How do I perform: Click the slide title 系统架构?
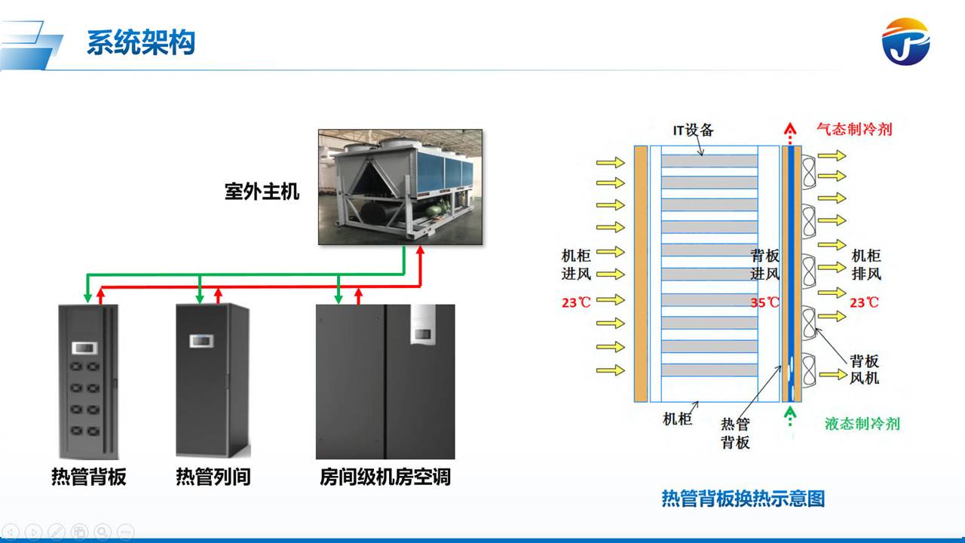coord(141,43)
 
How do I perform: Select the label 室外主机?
coord(262,192)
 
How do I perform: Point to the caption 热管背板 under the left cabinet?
coord(89,477)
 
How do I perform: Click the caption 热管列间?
coord(213,477)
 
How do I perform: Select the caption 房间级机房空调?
coord(385,477)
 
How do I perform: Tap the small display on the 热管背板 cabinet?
coord(84,348)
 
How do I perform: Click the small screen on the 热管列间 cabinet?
coord(201,341)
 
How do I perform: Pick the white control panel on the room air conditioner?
coord(420,324)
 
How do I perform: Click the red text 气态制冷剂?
coord(854,129)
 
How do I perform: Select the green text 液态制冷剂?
coord(862,423)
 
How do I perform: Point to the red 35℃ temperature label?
coord(764,302)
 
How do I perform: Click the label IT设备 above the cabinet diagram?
coord(693,130)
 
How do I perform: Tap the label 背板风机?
coord(865,369)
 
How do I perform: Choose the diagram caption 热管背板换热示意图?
coord(743,499)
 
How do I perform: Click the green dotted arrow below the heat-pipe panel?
coord(789,416)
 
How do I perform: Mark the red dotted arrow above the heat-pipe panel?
coord(789,133)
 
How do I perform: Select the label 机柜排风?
coord(866,264)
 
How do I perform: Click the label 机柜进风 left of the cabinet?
coord(576,264)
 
